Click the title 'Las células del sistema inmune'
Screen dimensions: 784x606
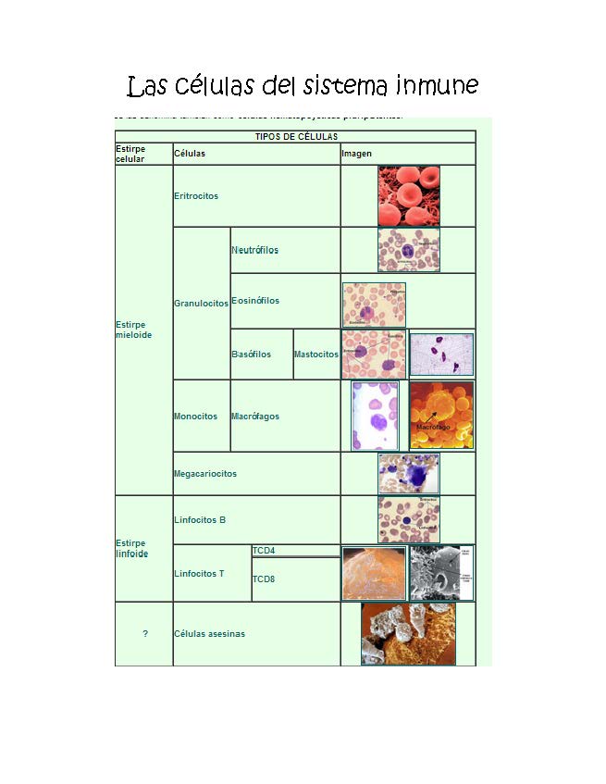303,86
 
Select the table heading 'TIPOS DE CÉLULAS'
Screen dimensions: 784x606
296,137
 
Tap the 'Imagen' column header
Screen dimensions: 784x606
356,153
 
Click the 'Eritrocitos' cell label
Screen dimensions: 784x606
197,196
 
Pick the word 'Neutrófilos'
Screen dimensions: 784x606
254,250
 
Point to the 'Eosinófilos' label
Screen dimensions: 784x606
255,301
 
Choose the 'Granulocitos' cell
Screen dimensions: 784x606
201,304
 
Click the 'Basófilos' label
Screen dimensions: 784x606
251,355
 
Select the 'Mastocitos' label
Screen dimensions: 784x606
316,355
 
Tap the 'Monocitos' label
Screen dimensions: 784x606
195,417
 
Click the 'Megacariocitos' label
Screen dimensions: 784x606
205,474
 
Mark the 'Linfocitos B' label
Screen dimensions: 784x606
200,520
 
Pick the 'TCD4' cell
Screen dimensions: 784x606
264,551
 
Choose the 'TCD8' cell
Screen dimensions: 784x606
264,579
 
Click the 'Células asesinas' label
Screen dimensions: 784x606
209,634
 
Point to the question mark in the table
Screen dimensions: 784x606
145,634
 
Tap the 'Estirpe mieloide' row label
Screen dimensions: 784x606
133,330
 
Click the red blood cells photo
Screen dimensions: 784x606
408,196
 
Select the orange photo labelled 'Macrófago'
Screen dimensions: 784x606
441,416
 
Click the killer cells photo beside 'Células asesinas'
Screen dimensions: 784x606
408,634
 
